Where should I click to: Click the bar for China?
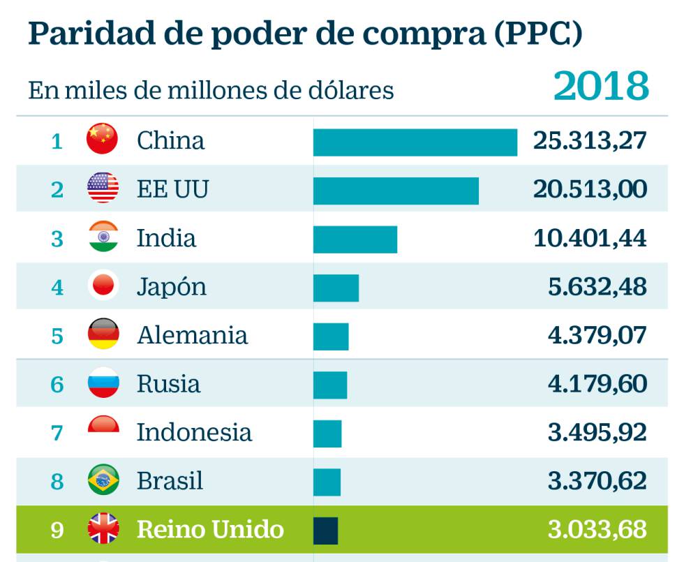tap(415, 142)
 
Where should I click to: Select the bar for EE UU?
tap(396, 191)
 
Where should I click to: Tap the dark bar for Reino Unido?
tap(325, 531)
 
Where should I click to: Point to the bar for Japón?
tap(336, 288)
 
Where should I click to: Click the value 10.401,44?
tap(590, 239)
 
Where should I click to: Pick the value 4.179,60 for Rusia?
tap(597, 384)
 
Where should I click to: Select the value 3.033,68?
tap(597, 529)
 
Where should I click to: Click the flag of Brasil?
tap(103, 480)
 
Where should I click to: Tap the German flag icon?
tap(103, 335)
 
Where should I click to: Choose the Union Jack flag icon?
tap(103, 529)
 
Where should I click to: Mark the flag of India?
tap(103, 238)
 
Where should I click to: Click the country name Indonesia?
tap(193, 432)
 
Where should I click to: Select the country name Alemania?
tap(192, 335)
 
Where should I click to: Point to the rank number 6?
tap(57, 385)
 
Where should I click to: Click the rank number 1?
tap(57, 142)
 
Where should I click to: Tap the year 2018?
tap(601, 87)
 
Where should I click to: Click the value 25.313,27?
tap(590, 141)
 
